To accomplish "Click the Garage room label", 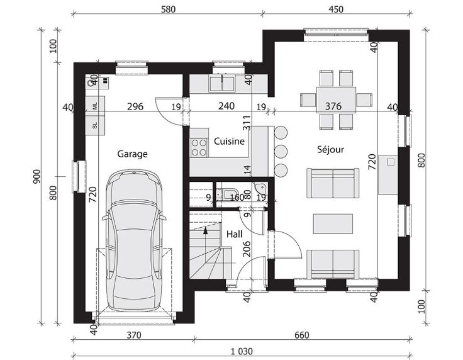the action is (132, 154).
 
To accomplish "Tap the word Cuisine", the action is (229, 142).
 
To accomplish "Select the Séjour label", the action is (330, 149).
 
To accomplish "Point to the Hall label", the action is (235, 234).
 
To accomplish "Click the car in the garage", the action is (134, 240).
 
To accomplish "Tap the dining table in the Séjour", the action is (336, 100).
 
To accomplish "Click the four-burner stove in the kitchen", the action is (199, 147).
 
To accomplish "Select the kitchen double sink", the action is (222, 83).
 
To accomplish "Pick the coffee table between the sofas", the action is (333, 224).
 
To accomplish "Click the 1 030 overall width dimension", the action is (242, 351).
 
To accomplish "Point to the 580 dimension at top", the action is (168, 9).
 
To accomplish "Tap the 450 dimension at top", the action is (336, 9).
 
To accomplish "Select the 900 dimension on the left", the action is (36, 177).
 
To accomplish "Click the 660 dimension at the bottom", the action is (302, 335).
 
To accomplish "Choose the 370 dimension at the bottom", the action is (134, 335).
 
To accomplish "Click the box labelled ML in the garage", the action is (95, 106).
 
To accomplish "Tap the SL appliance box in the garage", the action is (95, 125).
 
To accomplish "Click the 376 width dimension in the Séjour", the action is (333, 106).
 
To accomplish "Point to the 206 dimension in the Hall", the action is (247, 249).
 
